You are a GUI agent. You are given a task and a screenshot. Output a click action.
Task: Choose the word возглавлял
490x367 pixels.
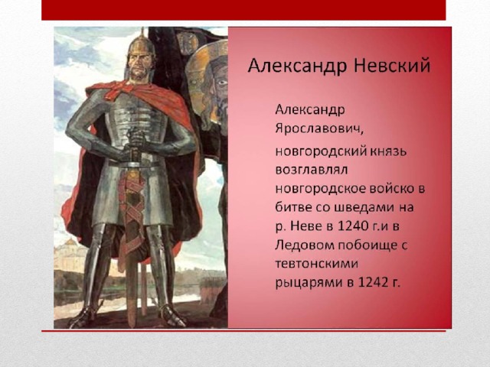click(312, 170)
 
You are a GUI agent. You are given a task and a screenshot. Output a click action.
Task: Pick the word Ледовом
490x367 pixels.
click(305, 245)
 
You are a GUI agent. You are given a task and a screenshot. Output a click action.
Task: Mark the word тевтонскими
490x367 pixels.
click(316, 264)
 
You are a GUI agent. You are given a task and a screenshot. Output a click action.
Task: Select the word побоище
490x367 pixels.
click(367, 245)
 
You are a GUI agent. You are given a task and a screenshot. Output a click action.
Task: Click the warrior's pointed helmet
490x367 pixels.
click(141, 46)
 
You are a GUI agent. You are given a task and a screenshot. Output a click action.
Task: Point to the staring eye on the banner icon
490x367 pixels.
click(221, 83)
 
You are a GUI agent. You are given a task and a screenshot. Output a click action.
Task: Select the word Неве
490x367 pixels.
click(307, 226)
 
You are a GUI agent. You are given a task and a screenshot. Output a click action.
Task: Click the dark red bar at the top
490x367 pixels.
click(243, 10)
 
